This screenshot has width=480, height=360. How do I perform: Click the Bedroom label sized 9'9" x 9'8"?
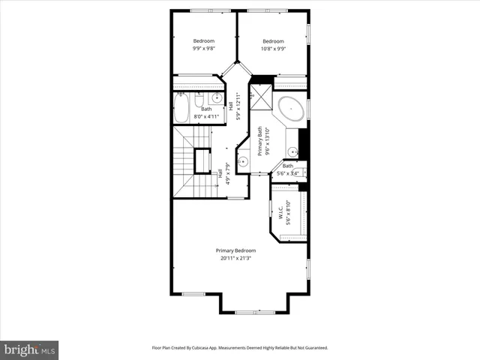tap(204, 41)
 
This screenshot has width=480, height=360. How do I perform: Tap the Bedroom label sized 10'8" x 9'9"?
tap(273, 41)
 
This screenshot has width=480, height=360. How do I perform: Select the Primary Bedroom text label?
tap(235, 250)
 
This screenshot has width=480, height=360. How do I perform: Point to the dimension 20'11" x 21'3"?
tap(235, 259)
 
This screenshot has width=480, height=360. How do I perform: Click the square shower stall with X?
tap(262, 95)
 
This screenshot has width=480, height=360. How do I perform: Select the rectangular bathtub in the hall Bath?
tap(182, 109)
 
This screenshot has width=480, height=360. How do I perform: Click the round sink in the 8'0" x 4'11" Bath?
tap(217, 98)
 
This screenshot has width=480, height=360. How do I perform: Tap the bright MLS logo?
tap(30, 349)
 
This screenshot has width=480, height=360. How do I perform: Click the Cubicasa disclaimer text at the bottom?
tap(240, 348)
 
